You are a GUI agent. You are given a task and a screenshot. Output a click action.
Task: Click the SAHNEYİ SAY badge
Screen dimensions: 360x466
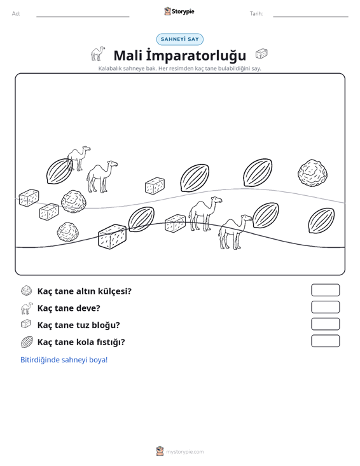click(x=179, y=39)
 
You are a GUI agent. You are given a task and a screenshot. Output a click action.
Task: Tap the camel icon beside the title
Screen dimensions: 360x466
click(x=98, y=53)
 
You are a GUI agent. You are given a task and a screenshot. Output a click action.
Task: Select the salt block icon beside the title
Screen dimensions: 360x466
click(x=261, y=54)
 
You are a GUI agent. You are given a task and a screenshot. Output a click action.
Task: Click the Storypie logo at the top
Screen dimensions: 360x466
click(x=179, y=11)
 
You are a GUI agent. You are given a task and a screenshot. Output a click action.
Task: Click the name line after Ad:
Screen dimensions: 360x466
click(x=83, y=17)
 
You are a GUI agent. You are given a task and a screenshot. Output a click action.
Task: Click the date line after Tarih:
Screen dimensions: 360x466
click(x=310, y=17)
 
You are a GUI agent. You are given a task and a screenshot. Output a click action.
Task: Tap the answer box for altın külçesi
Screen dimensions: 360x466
click(x=325, y=290)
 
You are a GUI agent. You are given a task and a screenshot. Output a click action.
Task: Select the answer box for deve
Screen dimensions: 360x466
click(x=325, y=307)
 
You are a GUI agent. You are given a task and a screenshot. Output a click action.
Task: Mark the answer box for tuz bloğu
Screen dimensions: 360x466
click(x=325, y=324)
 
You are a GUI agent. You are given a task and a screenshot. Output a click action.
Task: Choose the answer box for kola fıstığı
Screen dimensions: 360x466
click(x=325, y=341)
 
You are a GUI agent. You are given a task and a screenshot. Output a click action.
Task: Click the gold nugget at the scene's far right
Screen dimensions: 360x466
click(x=312, y=173)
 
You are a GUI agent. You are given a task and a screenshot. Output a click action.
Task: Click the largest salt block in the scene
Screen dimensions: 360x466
click(x=112, y=236)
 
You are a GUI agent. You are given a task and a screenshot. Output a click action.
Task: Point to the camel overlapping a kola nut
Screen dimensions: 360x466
click(x=78, y=158)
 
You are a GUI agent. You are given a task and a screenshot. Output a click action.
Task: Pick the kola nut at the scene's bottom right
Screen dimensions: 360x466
click(x=321, y=220)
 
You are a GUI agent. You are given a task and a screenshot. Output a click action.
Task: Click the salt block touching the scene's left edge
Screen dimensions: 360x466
click(x=29, y=198)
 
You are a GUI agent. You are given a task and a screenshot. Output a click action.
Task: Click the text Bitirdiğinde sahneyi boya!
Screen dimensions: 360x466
click(x=64, y=360)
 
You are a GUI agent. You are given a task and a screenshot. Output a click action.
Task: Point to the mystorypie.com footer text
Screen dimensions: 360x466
click(x=185, y=452)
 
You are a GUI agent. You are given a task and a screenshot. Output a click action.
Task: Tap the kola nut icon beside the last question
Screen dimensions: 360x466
click(x=27, y=342)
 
